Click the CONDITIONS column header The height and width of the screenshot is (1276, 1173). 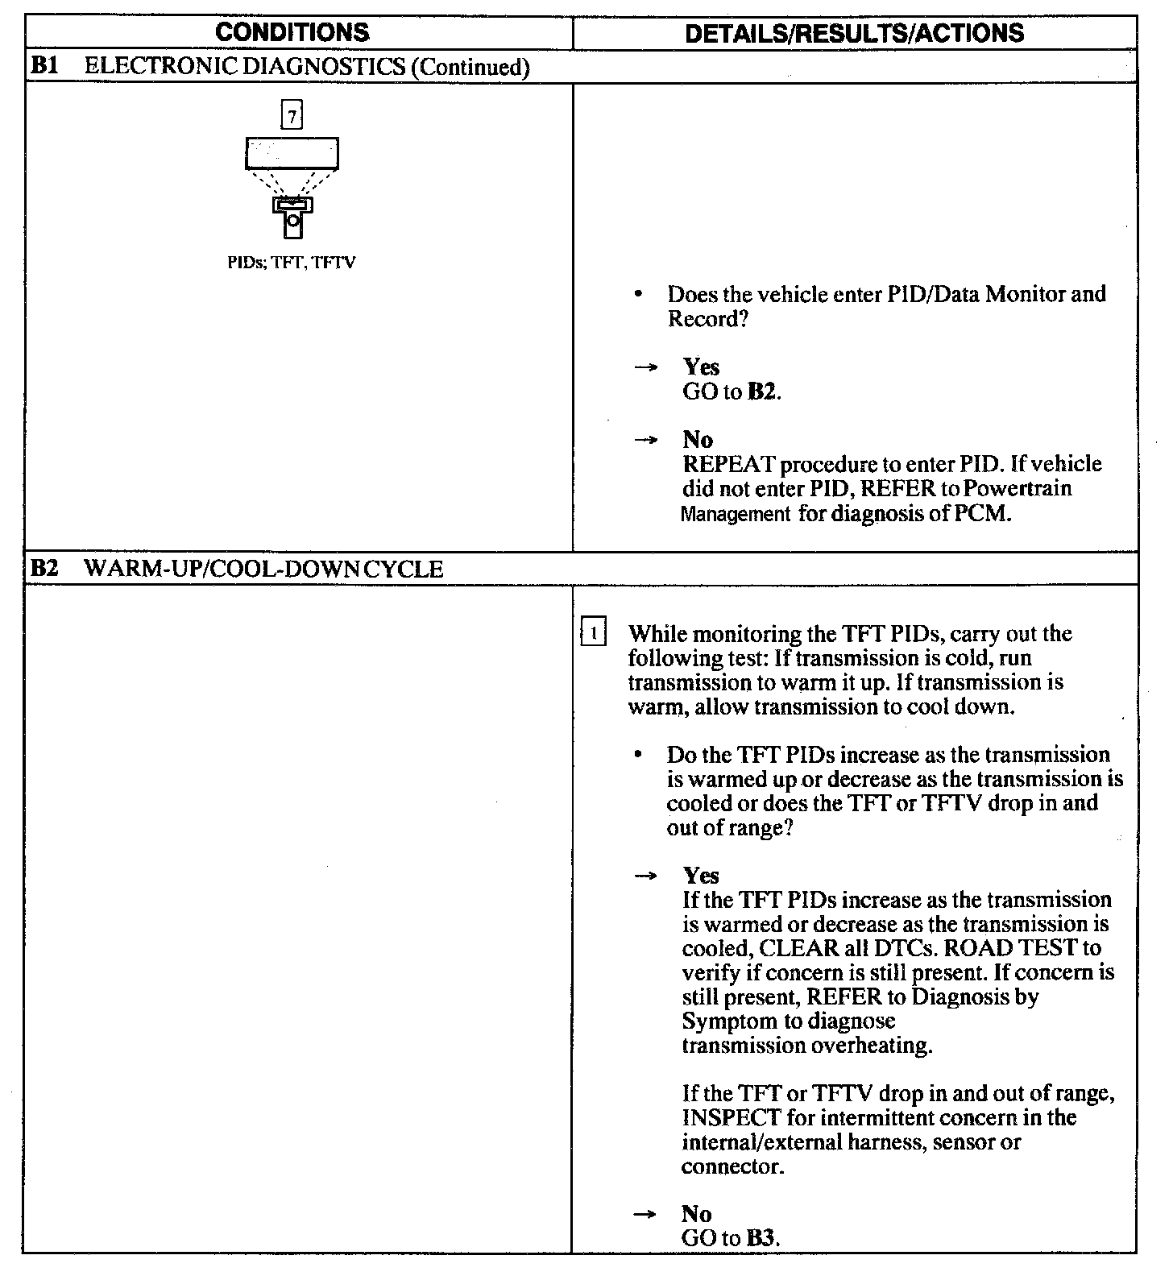(x=293, y=32)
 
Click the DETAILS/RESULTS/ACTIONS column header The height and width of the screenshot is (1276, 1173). (x=854, y=32)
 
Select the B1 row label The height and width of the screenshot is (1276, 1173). (x=42, y=67)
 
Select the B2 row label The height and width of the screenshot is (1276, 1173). (x=43, y=570)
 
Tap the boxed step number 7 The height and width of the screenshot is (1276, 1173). (x=292, y=116)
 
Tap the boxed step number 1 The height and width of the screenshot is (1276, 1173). (x=593, y=633)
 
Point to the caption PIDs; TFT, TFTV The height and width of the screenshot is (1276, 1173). (x=292, y=263)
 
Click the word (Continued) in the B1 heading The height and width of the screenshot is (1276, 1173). (x=470, y=67)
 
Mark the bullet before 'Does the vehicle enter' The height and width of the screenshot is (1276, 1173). (x=638, y=296)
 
